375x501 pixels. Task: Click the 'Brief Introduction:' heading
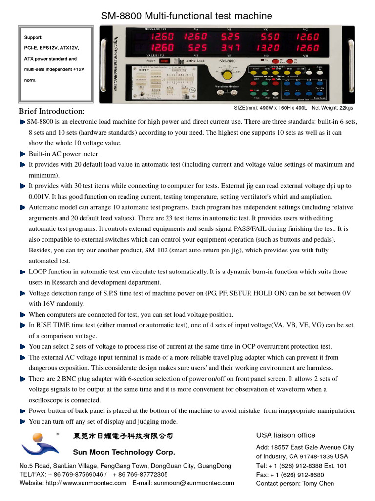point(51,111)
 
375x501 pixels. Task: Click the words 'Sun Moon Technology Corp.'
point(124,452)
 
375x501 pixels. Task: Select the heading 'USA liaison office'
point(286,435)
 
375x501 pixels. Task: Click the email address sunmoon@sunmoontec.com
point(194,483)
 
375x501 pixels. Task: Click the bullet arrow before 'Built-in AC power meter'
point(22,154)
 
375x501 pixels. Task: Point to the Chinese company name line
point(123,435)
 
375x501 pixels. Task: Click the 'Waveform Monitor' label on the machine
point(225,86)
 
